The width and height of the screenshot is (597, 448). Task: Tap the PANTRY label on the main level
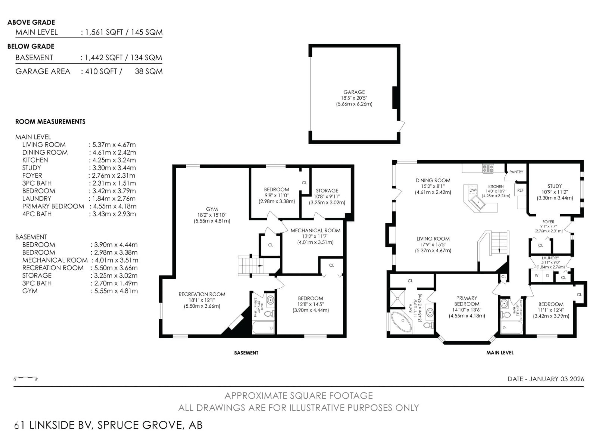(x=516, y=172)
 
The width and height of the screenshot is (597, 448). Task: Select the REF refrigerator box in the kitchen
(x=520, y=190)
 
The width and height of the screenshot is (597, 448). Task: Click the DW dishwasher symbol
(x=473, y=190)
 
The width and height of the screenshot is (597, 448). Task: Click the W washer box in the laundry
(x=537, y=276)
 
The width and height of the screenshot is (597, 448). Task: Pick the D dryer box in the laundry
(x=547, y=276)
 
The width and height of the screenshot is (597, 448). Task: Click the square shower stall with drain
(x=398, y=298)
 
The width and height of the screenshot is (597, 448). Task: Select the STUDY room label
(x=555, y=186)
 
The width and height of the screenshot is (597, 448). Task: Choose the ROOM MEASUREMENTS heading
(x=50, y=122)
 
